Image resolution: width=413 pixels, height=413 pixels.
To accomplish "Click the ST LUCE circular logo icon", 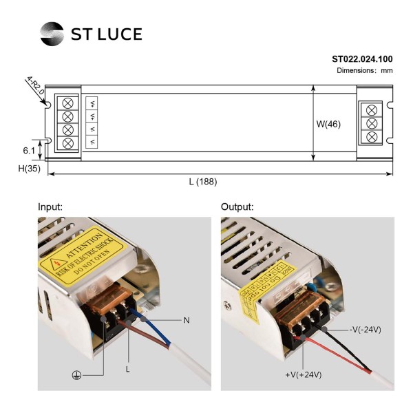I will tap(52, 34).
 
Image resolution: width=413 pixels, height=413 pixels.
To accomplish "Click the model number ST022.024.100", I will tap(362, 59).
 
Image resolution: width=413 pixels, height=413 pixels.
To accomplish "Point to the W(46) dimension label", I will tap(328, 124).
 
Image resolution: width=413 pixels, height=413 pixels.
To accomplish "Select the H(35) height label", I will tap(28, 168).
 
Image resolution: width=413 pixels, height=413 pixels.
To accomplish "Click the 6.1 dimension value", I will tap(28, 149).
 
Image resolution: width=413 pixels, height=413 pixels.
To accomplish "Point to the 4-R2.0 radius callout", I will tap(35, 87).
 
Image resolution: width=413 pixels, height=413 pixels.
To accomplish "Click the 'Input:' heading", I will tap(50, 206).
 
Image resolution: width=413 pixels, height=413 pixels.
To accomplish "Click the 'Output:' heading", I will tap(237, 206).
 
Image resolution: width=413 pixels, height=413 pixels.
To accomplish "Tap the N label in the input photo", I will tap(186, 320).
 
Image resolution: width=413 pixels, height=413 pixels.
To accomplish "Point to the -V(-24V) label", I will tap(365, 330).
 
